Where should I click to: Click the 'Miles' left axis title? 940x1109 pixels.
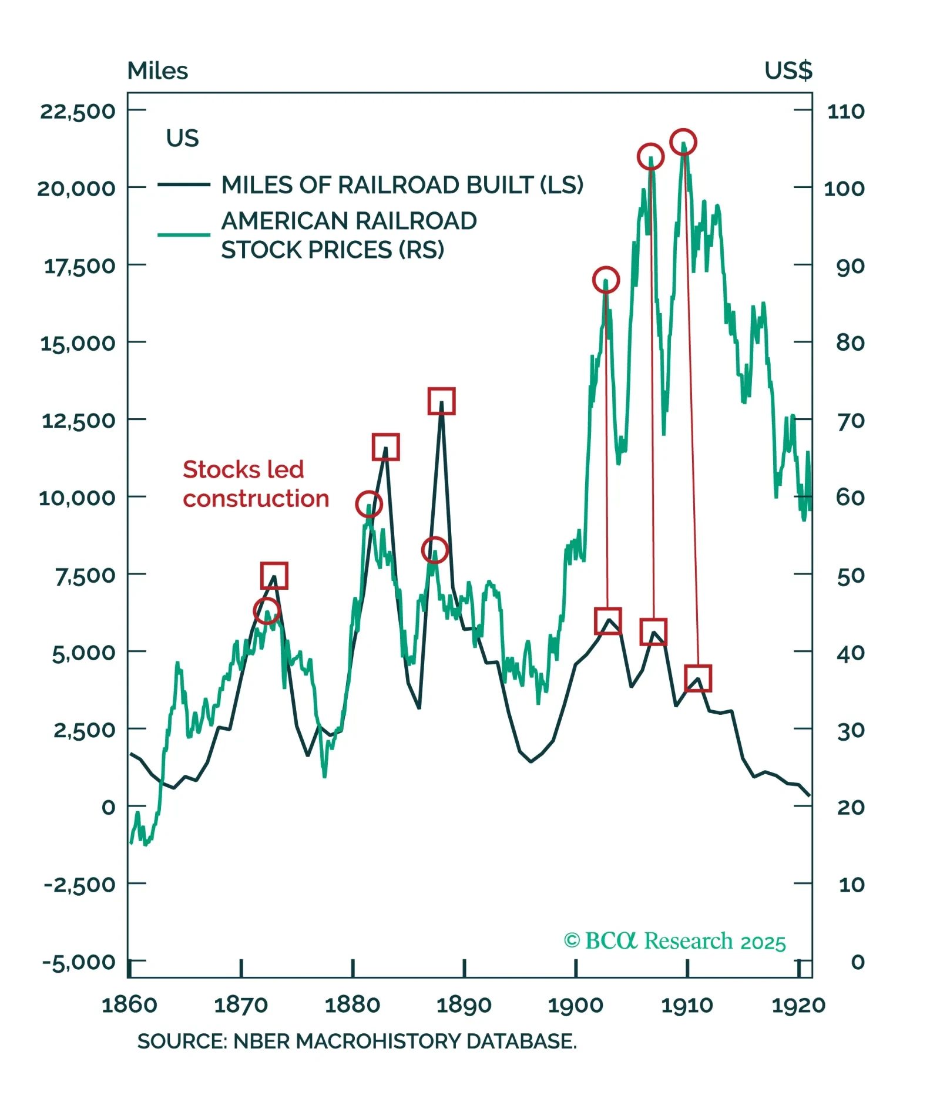pyautogui.click(x=157, y=71)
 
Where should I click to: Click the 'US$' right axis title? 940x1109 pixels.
pyautogui.click(x=788, y=70)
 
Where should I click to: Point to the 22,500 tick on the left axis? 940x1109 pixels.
pyautogui.click(x=78, y=111)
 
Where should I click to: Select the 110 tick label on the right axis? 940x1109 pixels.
pyautogui.click(x=845, y=111)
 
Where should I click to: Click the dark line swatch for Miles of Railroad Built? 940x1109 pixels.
pyautogui.click(x=183, y=184)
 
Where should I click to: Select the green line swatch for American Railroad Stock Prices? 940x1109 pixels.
pyautogui.click(x=183, y=235)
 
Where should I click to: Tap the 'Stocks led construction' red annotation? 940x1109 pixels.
pyautogui.click(x=255, y=483)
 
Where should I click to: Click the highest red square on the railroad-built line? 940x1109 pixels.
pyautogui.click(x=441, y=401)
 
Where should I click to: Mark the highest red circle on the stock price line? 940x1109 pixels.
pyautogui.click(x=683, y=142)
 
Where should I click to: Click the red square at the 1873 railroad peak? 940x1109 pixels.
pyautogui.click(x=274, y=575)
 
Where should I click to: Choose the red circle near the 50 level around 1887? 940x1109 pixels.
pyautogui.click(x=435, y=550)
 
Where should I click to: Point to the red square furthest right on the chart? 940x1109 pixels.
pyautogui.click(x=698, y=678)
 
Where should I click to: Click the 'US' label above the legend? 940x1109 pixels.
pyautogui.click(x=182, y=139)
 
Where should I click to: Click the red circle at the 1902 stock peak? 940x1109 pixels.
pyautogui.click(x=606, y=280)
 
